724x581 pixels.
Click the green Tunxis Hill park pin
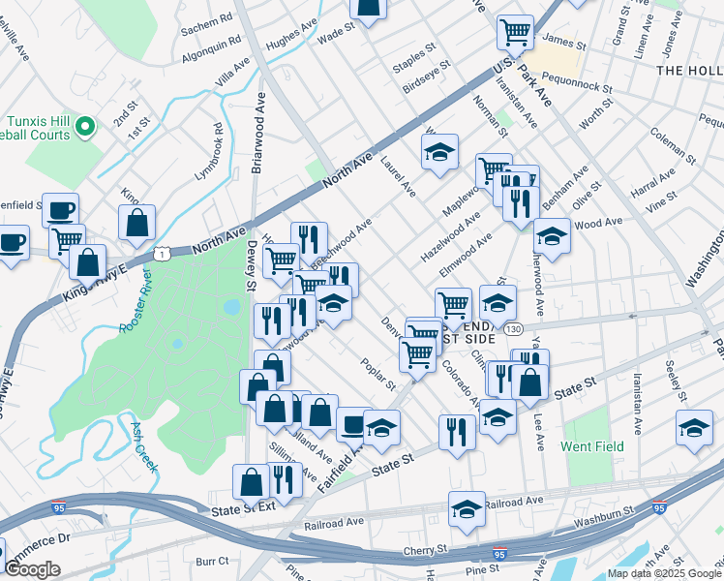click(85, 126)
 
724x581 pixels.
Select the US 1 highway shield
click(164, 253)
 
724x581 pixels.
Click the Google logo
click(32, 569)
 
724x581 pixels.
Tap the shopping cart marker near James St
click(516, 31)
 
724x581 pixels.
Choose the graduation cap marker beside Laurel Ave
click(439, 151)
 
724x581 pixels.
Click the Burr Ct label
click(211, 561)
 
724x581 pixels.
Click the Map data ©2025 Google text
click(664, 573)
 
